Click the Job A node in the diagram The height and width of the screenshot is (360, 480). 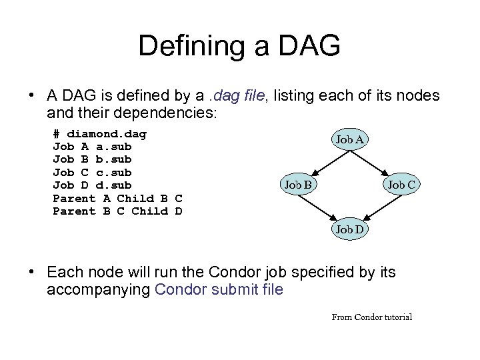pyautogui.click(x=349, y=139)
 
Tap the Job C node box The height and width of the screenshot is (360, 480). pyautogui.click(x=402, y=184)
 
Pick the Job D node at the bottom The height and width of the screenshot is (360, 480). pyautogui.click(x=349, y=229)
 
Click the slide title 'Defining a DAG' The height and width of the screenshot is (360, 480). pyautogui.click(x=239, y=46)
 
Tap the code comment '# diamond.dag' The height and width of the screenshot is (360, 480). pyautogui.click(x=99, y=133)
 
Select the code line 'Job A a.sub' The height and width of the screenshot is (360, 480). pyautogui.click(x=92, y=146)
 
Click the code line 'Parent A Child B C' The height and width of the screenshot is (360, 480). pyautogui.click(x=117, y=198)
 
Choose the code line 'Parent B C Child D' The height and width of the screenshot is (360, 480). pyautogui.click(x=117, y=211)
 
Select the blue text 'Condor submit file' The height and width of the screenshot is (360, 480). pyautogui.click(x=219, y=290)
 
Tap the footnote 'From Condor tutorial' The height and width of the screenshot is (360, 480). pyautogui.click(x=371, y=317)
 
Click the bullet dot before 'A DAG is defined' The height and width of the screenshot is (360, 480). pyautogui.click(x=32, y=96)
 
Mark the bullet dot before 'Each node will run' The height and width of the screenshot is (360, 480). pyautogui.click(x=32, y=273)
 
